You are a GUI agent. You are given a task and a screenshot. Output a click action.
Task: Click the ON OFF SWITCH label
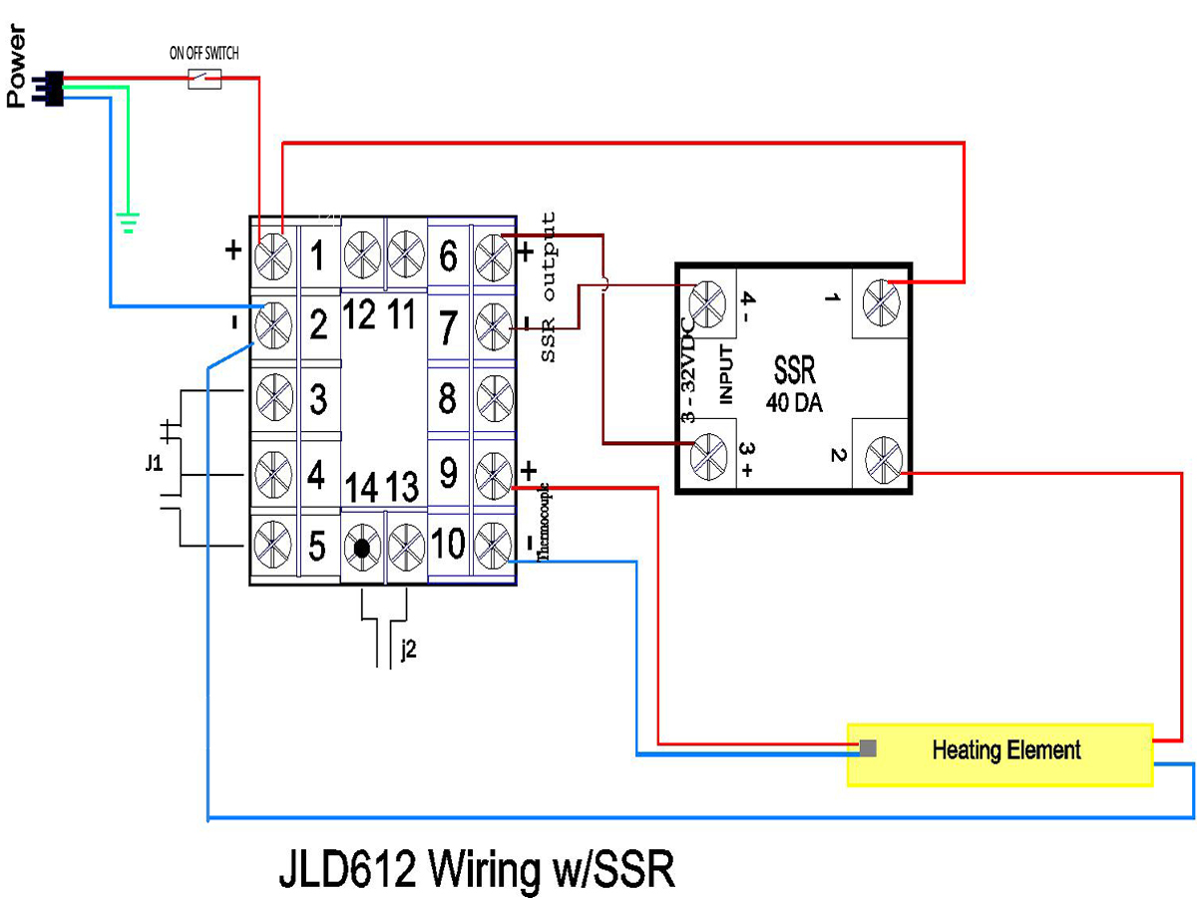coord(203,53)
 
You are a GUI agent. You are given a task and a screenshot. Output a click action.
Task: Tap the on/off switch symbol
coord(204,80)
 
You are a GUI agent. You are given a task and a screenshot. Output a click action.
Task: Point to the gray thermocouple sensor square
coord(868,747)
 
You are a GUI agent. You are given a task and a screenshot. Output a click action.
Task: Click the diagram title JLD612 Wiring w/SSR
coord(477,869)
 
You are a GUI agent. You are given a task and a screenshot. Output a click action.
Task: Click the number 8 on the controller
coord(448,400)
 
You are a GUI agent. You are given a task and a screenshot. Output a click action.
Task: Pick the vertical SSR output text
coord(550,287)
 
